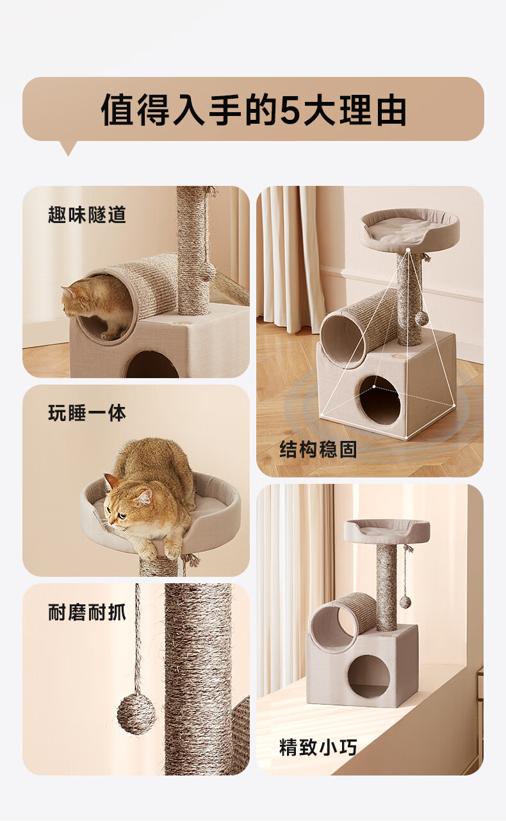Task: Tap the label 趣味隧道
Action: point(87,215)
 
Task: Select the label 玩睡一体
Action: point(87,413)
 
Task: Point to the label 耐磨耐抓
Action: point(87,612)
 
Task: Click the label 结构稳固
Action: point(318,449)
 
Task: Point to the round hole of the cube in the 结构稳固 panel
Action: point(379,400)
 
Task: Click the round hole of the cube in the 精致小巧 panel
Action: point(368,676)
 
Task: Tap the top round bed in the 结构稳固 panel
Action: point(410,230)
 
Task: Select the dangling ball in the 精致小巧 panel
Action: point(405,602)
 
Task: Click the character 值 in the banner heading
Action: point(117,110)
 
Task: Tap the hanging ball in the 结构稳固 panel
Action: point(421,318)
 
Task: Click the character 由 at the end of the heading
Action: point(391,110)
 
